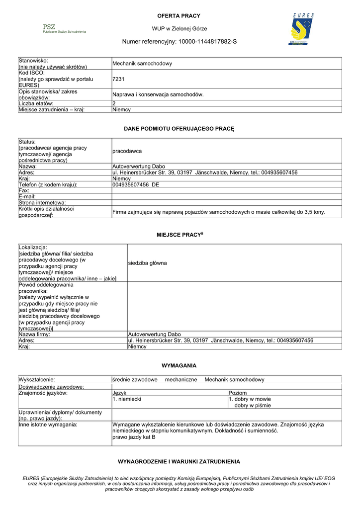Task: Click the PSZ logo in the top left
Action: pos(64,28)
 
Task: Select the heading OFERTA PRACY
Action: pos(179,16)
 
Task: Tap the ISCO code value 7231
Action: pos(118,79)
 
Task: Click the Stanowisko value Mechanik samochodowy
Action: pos(142,64)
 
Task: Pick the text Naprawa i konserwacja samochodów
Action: pos(158,94)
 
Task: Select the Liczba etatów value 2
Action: pos(114,103)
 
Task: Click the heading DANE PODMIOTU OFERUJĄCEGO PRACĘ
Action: pos(179,129)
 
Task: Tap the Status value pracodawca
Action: pos(127,151)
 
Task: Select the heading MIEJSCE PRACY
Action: pos(179,234)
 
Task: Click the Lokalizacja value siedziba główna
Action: pos(148,263)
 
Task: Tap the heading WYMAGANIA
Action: pos(179,366)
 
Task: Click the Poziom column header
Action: pos(238,393)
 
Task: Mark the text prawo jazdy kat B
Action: pos(134,437)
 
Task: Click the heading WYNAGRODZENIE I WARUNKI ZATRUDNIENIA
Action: pos(179,462)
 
